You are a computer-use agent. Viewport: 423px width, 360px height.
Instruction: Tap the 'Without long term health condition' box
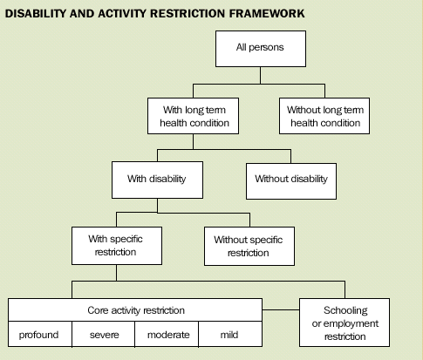[324, 116]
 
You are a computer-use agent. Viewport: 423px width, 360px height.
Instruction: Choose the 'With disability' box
[157, 180]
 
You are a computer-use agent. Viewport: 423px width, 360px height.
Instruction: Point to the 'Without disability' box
[290, 180]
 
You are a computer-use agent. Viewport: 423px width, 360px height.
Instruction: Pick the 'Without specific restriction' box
[249, 246]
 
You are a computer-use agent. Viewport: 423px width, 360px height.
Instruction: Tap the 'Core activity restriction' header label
[135, 309]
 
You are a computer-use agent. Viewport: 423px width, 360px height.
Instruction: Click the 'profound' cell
[40, 334]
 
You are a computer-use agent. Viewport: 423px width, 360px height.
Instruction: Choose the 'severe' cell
[104, 334]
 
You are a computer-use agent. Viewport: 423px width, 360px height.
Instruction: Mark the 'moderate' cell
[167, 334]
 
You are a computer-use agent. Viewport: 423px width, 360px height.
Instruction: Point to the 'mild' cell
[230, 334]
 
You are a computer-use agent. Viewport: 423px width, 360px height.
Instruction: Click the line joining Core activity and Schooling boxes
[280, 309]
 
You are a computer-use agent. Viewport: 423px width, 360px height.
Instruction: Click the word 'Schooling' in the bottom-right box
[345, 310]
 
